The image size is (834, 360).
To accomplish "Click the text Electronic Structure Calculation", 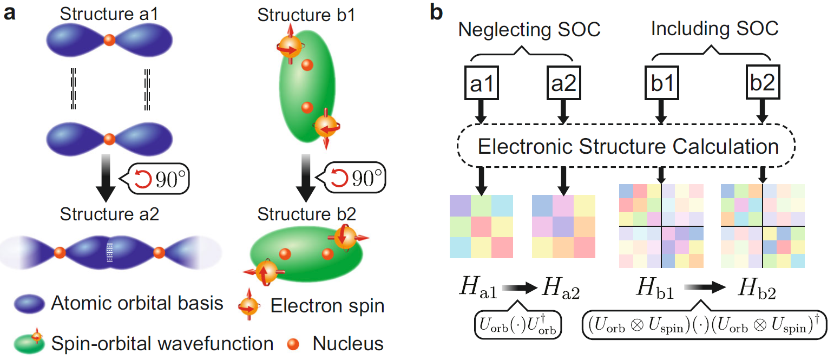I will [626, 146].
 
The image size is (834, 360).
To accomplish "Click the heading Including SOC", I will [714, 29].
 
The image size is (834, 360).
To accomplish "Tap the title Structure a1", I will [109, 15].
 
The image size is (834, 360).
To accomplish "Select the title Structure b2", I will [307, 214].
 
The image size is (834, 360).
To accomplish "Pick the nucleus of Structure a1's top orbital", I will [109, 40].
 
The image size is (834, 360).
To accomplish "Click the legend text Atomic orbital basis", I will [137, 304].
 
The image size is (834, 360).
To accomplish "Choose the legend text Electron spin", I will [327, 306].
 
